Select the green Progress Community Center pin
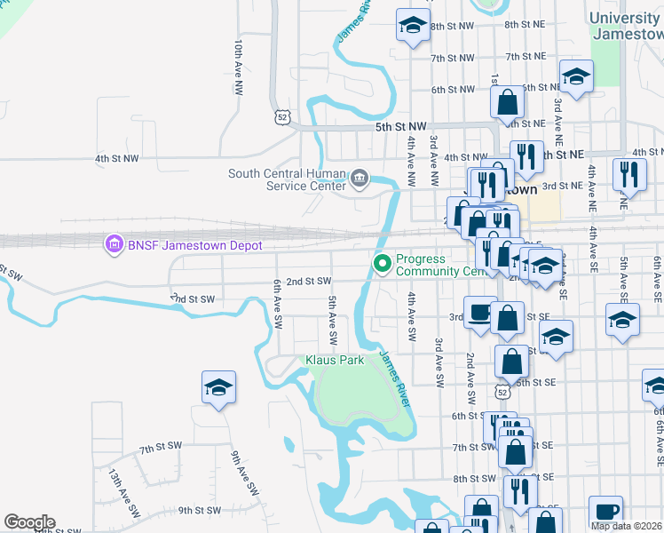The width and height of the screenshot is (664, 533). pos(383,264)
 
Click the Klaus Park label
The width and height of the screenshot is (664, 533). pos(335,361)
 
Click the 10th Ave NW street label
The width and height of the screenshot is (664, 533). pos(239,60)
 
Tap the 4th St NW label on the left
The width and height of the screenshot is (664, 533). pos(117,159)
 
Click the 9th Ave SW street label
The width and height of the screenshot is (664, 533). pos(244,475)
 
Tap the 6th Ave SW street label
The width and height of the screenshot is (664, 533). pos(279,302)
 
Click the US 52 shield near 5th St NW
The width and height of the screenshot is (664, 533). pos(281,116)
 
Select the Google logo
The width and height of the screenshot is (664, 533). pos(29,522)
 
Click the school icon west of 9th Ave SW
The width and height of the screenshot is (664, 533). pos(218,388)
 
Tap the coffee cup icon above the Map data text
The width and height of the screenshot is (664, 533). pos(605,512)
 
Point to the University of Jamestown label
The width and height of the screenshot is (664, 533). pos(626,26)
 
